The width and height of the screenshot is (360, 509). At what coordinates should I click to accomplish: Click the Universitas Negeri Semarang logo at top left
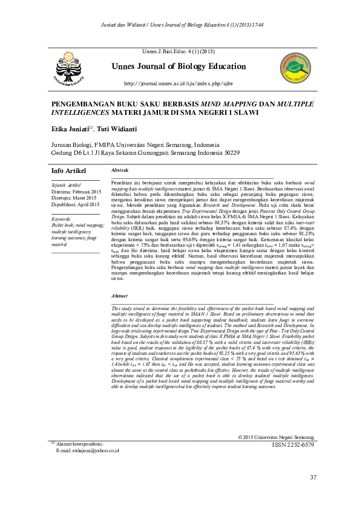click(x=72, y=67)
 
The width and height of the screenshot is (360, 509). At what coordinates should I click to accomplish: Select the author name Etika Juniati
click(x=69, y=129)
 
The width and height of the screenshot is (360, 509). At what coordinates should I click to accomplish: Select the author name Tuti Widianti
click(x=119, y=129)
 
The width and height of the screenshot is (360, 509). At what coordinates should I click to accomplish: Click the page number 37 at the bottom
click(x=312, y=478)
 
